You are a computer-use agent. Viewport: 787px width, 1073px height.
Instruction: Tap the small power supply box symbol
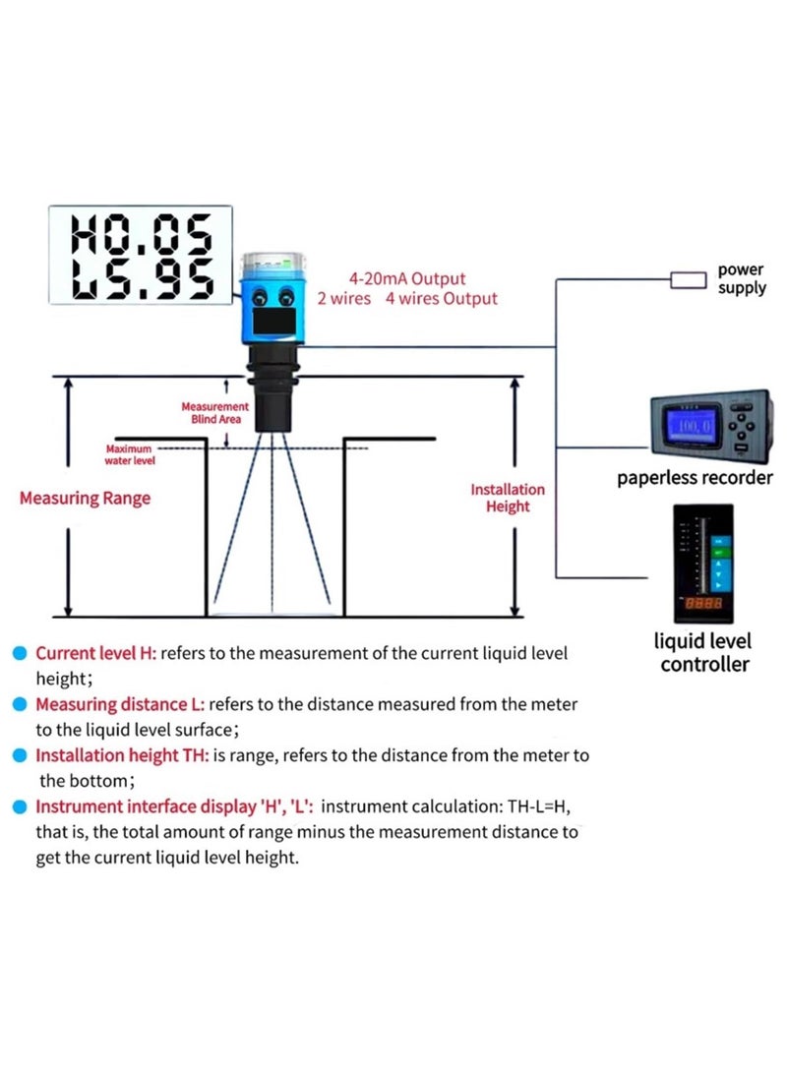pos(688,280)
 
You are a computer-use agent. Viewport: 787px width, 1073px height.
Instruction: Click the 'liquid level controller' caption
pos(704,653)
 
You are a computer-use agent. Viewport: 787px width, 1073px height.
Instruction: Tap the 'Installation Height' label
pos(507,498)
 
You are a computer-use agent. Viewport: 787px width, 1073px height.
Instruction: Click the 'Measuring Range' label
pos(86,499)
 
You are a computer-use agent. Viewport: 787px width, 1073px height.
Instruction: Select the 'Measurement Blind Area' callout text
pos(215,412)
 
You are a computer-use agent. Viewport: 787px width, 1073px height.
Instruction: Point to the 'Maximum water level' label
pos(130,454)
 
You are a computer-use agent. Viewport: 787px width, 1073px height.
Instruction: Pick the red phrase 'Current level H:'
pos(96,653)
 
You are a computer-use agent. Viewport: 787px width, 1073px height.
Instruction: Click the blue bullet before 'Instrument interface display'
pos(20,807)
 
